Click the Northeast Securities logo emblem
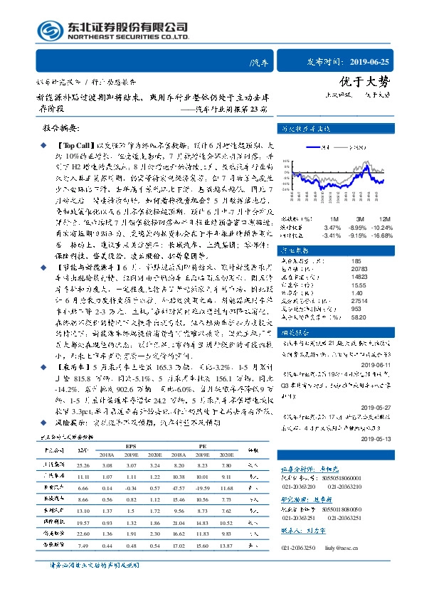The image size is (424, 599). click(49, 31)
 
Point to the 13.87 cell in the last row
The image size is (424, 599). click(227, 546)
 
